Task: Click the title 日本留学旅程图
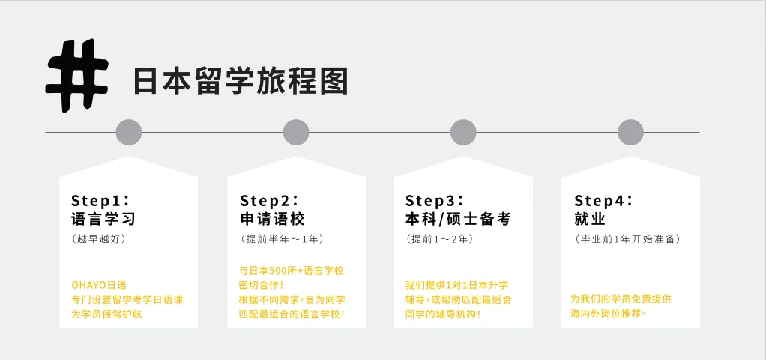(x=241, y=81)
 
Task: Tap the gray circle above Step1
(x=129, y=132)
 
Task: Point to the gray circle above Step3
(x=463, y=132)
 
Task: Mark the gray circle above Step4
(x=630, y=132)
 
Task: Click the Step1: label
(x=100, y=200)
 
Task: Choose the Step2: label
(x=269, y=200)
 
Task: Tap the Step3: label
(x=435, y=200)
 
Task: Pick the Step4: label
(x=603, y=200)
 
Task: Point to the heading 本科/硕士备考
(x=457, y=219)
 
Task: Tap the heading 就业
(x=590, y=219)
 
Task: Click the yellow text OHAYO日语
(x=99, y=284)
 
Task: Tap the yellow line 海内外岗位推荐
(x=608, y=313)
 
